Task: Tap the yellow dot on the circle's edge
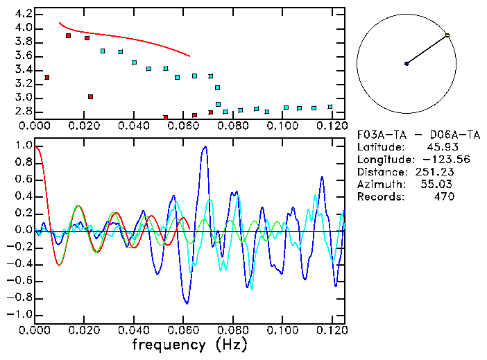447,35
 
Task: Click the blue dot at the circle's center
407,64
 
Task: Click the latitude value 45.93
440,147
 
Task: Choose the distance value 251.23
433,172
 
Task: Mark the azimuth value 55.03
437,185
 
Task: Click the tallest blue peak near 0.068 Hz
204,147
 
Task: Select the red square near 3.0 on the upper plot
90,96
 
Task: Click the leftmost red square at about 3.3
46,77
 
